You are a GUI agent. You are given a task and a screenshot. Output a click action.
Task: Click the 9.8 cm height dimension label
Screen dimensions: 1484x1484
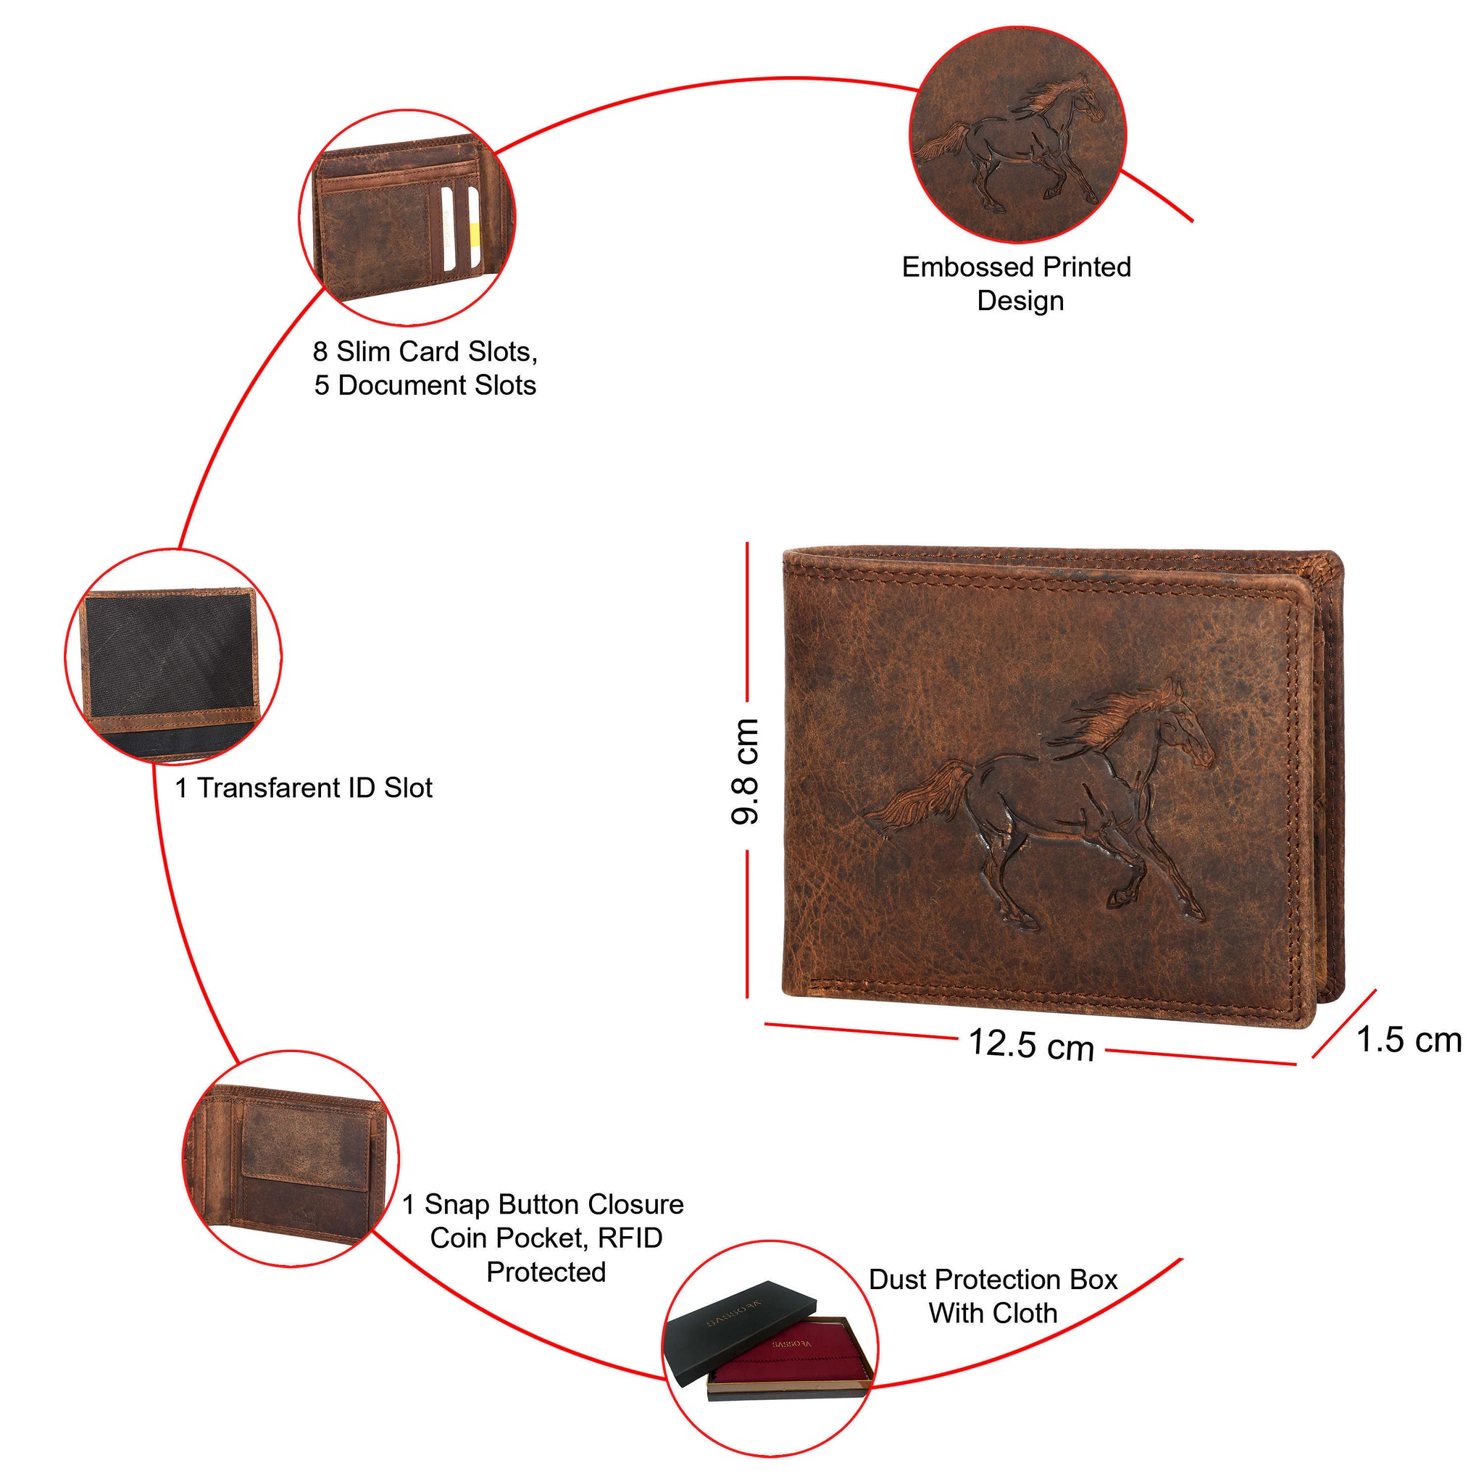click(745, 772)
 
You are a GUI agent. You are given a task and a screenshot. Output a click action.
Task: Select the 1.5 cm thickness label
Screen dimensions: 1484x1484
click(1409, 1040)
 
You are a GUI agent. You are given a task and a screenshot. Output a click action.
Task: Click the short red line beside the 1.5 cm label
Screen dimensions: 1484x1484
click(1344, 1024)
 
